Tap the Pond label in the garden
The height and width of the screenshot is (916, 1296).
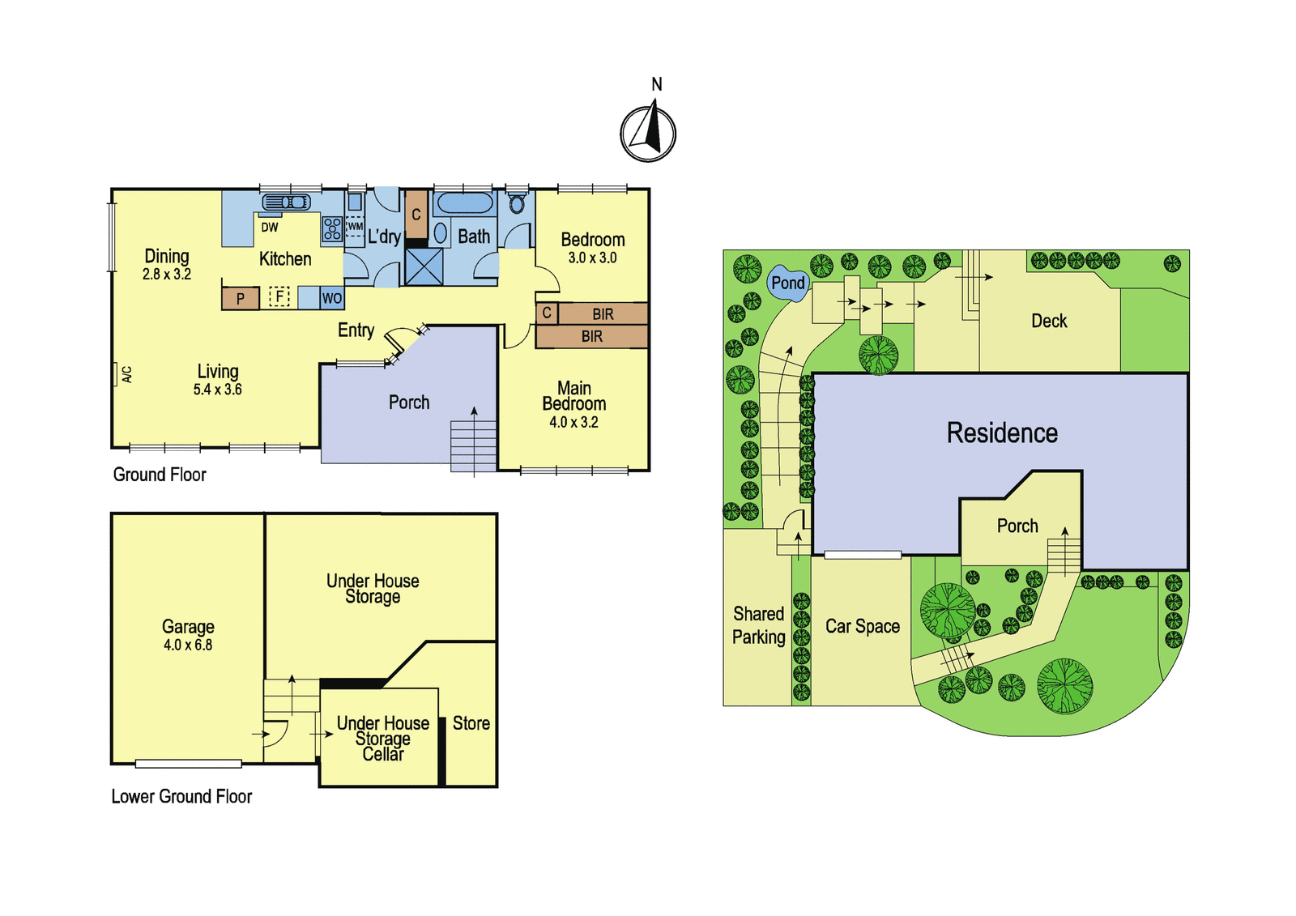tap(788, 283)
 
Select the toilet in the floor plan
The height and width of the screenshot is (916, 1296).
tap(517, 203)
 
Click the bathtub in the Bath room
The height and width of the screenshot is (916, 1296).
tap(464, 203)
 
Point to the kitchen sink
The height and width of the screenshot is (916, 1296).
tap(287, 202)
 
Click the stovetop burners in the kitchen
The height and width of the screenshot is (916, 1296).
tap(332, 228)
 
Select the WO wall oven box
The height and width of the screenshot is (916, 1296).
tap(331, 298)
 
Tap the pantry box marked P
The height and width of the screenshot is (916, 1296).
tap(240, 299)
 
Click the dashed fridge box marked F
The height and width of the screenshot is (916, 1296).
tap(279, 297)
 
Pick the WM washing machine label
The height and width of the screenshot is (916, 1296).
tap(355, 226)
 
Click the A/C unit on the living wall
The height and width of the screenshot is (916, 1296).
tap(115, 373)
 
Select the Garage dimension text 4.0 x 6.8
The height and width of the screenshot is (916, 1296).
tap(188, 645)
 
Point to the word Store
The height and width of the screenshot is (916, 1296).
tap(471, 723)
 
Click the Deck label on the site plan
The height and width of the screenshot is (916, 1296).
tap(1049, 321)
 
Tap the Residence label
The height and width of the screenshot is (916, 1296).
tap(1002, 432)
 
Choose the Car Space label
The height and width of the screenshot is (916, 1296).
tap(862, 627)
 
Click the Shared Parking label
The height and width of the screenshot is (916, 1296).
tap(758, 625)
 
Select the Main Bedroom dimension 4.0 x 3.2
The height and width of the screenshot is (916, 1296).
tap(573, 423)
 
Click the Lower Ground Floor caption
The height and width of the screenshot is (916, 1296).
tap(181, 797)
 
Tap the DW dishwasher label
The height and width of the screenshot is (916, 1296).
tap(270, 228)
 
